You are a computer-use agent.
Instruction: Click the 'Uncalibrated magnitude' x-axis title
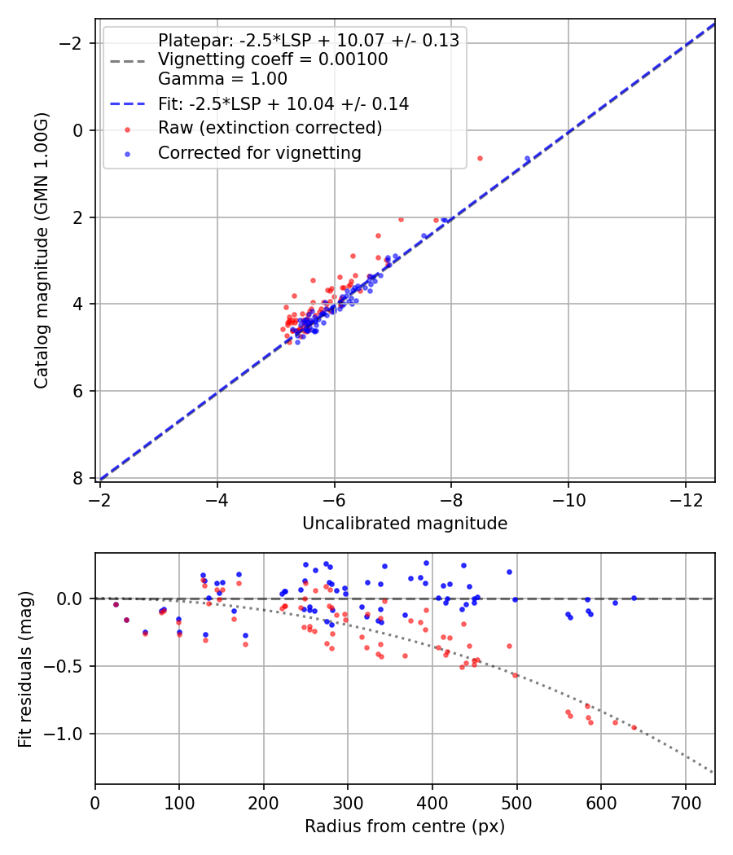405,524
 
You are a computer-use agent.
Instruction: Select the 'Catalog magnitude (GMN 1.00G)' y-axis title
42,250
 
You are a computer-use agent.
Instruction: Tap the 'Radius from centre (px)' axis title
405,826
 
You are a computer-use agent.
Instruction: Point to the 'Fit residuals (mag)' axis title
24,669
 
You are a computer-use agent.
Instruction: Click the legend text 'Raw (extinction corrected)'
270,128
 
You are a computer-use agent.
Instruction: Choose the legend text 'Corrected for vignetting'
260,152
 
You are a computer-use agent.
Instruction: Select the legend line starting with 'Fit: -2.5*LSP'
283,103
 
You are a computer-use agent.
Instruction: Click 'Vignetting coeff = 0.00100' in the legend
273,59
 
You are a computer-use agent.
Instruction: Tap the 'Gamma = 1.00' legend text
222,79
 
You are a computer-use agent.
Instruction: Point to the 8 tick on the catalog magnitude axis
79,478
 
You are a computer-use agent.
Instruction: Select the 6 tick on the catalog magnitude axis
79,391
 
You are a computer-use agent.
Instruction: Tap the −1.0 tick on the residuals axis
69,734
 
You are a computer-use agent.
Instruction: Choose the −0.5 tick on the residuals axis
69,666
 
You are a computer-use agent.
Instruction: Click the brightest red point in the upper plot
480,158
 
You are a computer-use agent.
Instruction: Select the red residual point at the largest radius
634,727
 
